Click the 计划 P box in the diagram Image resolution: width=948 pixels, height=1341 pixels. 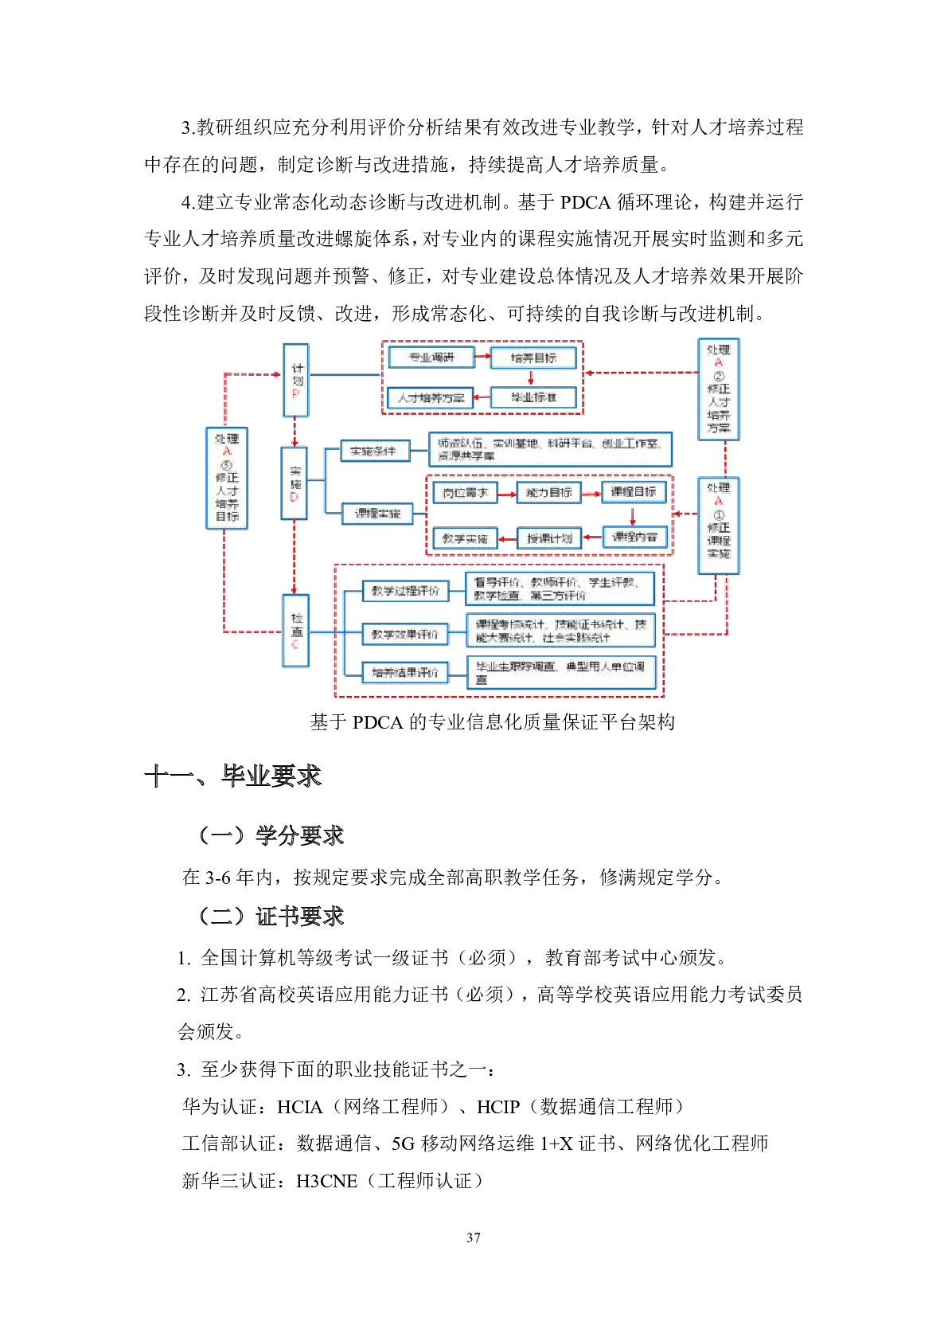point(296,380)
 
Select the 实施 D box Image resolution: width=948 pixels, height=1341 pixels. point(295,483)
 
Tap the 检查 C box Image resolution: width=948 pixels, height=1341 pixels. point(296,630)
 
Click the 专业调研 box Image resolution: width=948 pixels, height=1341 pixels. point(431,358)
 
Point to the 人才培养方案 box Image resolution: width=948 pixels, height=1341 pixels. point(431,397)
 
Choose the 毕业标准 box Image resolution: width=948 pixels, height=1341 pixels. point(533,397)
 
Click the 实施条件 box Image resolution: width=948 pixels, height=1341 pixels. point(374,451)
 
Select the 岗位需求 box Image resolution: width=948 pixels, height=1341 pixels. point(465,493)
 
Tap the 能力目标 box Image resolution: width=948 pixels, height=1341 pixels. point(549,493)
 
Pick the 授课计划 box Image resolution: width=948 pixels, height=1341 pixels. point(549,538)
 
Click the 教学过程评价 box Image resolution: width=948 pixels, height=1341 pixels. point(405,591)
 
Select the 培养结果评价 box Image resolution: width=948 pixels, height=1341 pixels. point(405,673)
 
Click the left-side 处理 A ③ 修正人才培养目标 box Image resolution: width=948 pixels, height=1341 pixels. point(227,478)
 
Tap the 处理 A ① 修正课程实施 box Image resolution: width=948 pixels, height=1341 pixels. point(718,526)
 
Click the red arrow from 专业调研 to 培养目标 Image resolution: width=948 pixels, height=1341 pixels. point(482,357)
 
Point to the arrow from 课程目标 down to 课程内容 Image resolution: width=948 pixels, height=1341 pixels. point(634,515)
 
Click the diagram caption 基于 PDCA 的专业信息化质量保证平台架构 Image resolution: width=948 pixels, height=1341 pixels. point(492,722)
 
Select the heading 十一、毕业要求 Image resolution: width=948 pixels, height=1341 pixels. point(232,776)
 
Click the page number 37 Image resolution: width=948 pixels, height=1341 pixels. point(474,1237)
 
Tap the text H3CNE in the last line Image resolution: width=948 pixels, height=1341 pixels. point(326,1181)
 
